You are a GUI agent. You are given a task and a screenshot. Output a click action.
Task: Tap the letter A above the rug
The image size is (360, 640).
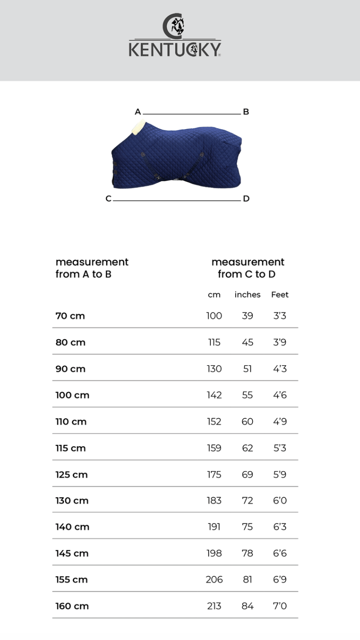tap(138, 112)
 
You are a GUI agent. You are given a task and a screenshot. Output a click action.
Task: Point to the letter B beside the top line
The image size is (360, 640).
tap(246, 112)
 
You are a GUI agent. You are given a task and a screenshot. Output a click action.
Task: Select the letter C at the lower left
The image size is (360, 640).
tap(108, 199)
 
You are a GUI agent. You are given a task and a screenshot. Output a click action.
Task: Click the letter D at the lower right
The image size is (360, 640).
tap(246, 199)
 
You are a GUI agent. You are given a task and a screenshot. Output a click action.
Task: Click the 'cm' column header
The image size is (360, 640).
tap(214, 295)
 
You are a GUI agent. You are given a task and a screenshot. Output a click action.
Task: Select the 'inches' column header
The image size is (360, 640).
tap(247, 295)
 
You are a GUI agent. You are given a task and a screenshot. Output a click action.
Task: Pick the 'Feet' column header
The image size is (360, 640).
tap(280, 295)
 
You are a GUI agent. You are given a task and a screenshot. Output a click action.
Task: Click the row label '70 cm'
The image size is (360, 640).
tap(70, 316)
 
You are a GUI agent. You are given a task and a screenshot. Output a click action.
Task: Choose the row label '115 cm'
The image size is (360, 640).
tap(71, 448)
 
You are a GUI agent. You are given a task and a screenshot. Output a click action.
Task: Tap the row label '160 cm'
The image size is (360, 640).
tap(72, 606)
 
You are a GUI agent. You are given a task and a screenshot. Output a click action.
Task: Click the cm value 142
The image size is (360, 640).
tap(214, 395)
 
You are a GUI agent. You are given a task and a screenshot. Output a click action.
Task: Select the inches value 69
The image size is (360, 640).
tap(247, 474)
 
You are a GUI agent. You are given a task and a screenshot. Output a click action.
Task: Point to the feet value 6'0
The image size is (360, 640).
tap(280, 501)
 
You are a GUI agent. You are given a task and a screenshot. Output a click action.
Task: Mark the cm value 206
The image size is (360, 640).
tap(214, 580)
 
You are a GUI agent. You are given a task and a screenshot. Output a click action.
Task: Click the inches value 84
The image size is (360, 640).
tap(247, 606)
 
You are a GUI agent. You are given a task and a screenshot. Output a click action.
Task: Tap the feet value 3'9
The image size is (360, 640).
tap(280, 342)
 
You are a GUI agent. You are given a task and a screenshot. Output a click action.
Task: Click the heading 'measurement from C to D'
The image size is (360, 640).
tap(247, 268)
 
